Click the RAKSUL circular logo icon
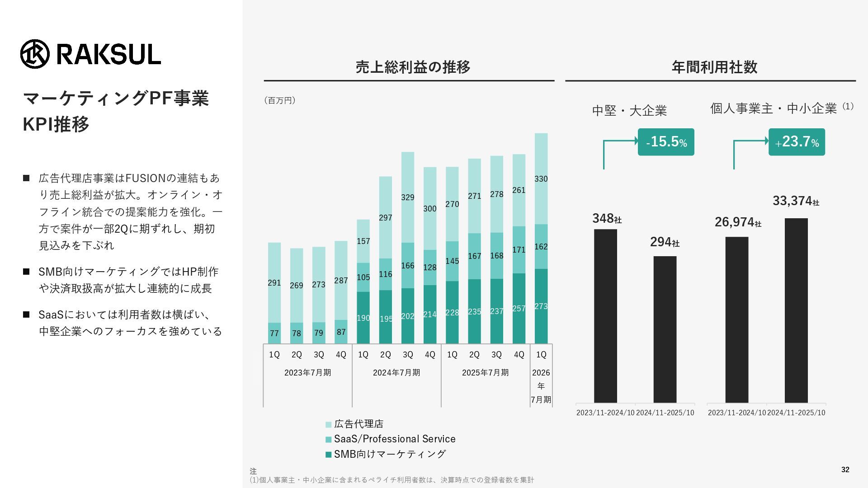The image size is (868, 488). pos(35,54)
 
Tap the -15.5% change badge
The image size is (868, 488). pos(665,142)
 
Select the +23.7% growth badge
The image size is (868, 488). pos(797,142)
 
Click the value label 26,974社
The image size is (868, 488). pos(737,222)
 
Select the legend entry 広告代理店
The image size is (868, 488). pos(354,424)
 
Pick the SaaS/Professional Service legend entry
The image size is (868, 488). pos(390,439)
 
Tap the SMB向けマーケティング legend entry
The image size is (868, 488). pos(386,454)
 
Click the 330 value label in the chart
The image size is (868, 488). pos(541,179)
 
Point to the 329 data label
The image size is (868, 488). pos(407,197)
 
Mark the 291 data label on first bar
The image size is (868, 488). pos(274,283)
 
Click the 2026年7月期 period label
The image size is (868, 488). pos(541,386)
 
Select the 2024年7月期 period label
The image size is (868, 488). pos(396,373)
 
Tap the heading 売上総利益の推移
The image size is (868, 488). pos(413,67)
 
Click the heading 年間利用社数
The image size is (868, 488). pos(714,67)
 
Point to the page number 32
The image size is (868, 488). pos(845,470)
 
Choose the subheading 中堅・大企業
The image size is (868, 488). pos(629,111)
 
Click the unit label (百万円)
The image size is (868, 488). pos(280,100)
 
